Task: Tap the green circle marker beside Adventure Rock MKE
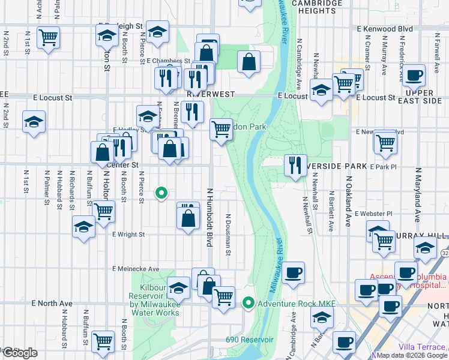coord(249,303)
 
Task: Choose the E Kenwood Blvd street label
coord(384,28)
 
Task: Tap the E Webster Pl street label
coord(373,213)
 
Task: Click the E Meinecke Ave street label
coord(135,269)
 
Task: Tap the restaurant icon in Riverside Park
coord(294,165)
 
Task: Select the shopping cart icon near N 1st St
coord(48,38)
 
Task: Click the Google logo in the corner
coord(19,353)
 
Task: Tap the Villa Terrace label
coord(423,347)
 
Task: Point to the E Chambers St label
coord(168,61)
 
